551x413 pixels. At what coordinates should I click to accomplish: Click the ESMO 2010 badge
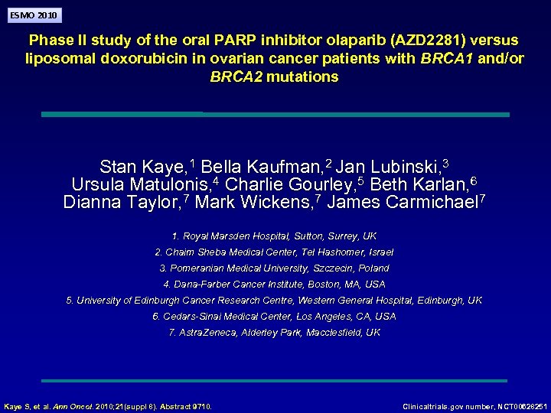click(32, 15)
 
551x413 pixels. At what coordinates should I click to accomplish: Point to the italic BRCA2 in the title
click(236, 76)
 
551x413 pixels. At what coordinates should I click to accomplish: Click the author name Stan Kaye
click(143, 167)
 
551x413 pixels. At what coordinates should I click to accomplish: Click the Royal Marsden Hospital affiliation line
click(274, 236)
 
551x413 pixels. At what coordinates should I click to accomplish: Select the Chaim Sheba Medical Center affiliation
click(274, 252)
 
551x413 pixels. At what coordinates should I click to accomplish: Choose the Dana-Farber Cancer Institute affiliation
click(274, 285)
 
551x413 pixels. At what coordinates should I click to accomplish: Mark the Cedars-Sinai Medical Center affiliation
click(274, 317)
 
